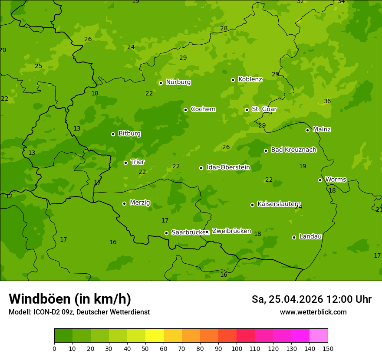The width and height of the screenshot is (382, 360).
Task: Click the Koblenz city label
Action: pyautogui.click(x=250, y=79)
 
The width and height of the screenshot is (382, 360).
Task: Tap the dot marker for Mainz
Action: pyautogui.click(x=307, y=130)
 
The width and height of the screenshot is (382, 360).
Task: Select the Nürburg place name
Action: pyautogui.click(x=178, y=82)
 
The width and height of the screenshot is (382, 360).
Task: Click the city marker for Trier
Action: pyautogui.click(x=125, y=163)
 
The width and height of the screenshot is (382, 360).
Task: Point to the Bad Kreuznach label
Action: pyautogui.click(x=293, y=150)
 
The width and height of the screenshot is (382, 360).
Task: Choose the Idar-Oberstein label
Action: pyautogui.click(x=228, y=167)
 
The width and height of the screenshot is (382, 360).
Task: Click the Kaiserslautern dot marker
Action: pyautogui.click(x=252, y=205)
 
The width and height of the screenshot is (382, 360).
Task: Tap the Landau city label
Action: pyautogui.click(x=310, y=236)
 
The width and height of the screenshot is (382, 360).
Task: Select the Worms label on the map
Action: pyautogui.click(x=335, y=180)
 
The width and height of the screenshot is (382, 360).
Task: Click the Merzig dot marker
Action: pyautogui.click(x=124, y=203)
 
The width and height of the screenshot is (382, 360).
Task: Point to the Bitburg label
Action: pyautogui.click(x=129, y=134)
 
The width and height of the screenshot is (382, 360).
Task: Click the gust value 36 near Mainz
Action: pyautogui.click(x=327, y=101)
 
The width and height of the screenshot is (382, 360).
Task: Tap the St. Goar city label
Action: pyautogui.click(x=264, y=109)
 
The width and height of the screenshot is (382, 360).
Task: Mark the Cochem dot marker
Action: pyautogui.click(x=185, y=110)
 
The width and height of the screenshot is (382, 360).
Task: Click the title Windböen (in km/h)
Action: pyautogui.click(x=70, y=299)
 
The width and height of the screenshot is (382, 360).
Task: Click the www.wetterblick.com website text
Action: pyautogui.click(x=313, y=312)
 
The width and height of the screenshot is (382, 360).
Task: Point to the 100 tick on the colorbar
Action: pyautogui.click(x=237, y=348)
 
